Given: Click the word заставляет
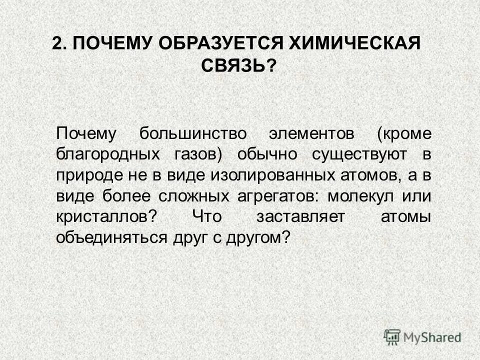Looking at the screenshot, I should [290, 217].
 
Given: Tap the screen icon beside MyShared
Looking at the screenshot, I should [392, 336].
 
